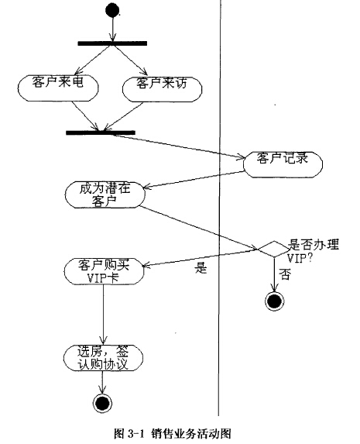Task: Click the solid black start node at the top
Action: point(112,11)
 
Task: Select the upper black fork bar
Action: point(112,43)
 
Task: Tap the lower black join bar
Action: point(101,133)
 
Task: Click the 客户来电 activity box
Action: point(58,88)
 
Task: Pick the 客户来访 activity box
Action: point(162,89)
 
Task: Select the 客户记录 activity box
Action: point(283,164)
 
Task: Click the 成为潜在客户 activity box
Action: point(105,194)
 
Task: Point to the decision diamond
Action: point(274,250)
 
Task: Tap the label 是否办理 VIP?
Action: point(313,251)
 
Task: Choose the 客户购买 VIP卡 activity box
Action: point(104,271)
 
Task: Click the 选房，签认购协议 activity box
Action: point(103,358)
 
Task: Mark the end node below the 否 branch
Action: point(274,301)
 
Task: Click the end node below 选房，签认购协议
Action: point(102,403)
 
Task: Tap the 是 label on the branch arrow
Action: point(201,267)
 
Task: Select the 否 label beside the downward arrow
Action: point(285,274)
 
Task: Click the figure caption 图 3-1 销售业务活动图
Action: point(173,433)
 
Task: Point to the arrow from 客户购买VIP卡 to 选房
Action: point(103,315)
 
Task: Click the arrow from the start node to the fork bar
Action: point(112,29)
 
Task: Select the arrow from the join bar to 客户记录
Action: point(179,146)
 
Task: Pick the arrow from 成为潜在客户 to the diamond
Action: point(199,229)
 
